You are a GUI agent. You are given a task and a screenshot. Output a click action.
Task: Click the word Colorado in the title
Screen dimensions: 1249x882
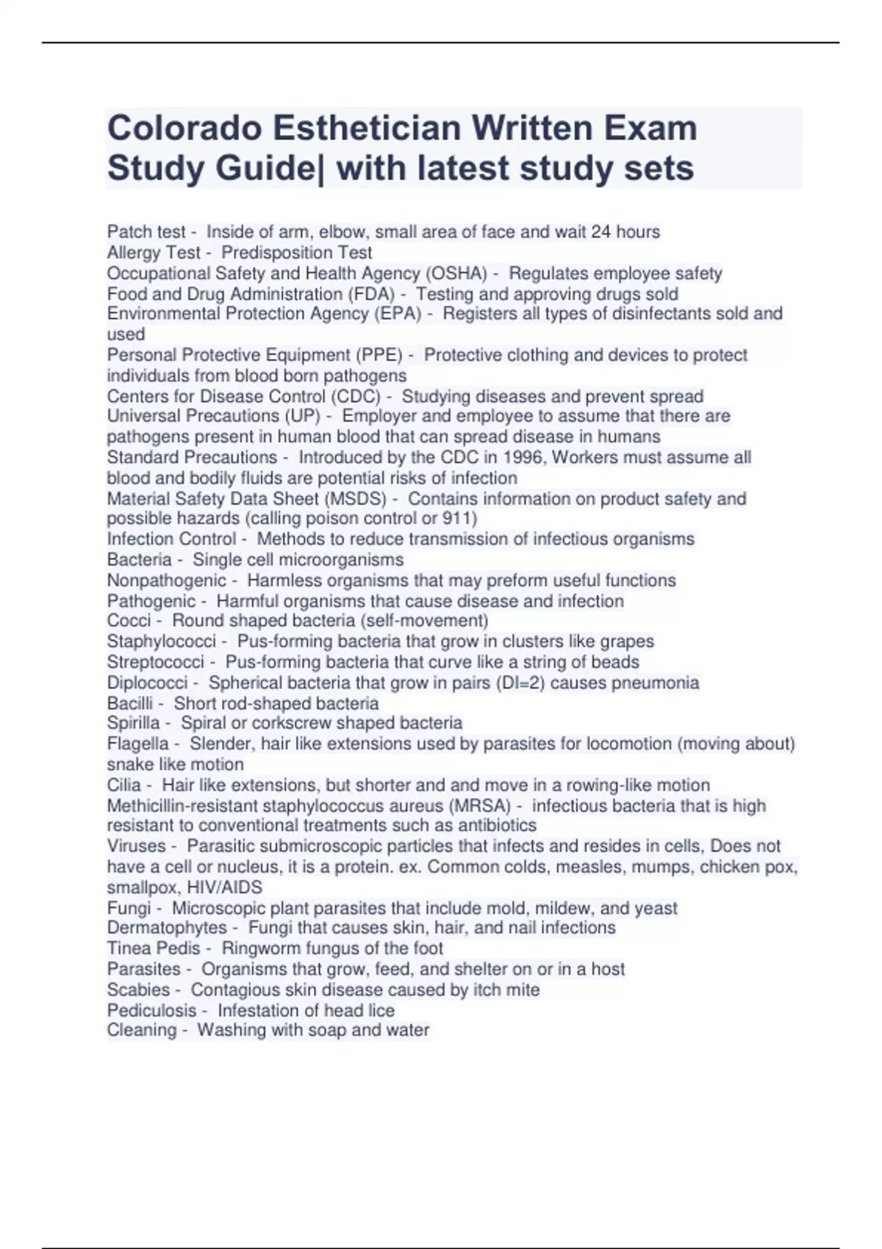[x=184, y=129]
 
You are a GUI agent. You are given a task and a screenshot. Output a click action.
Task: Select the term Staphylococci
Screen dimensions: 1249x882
[x=162, y=641]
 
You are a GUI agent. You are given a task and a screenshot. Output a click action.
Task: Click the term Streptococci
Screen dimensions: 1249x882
[x=156, y=662]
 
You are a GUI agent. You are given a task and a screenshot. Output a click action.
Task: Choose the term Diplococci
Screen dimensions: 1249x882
[x=147, y=683]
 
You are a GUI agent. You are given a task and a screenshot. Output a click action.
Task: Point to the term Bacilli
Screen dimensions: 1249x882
[x=130, y=703]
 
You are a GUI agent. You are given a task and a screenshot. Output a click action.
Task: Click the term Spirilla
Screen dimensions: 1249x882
[x=134, y=723]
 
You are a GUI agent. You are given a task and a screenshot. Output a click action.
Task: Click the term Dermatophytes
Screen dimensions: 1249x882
[x=167, y=927]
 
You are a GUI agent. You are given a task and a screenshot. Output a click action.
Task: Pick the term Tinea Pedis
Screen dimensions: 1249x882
[x=154, y=949]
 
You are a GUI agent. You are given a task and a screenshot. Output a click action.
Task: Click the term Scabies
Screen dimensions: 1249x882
[x=138, y=990]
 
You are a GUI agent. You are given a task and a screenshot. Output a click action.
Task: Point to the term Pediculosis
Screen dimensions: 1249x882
[x=152, y=1010]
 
